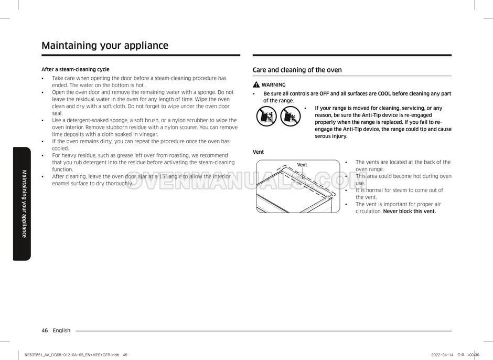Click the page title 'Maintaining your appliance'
[105, 45]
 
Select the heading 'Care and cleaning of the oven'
[297, 70]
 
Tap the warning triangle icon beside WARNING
[256, 84]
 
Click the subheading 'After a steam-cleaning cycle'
[75, 69]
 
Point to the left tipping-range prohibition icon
[267, 116]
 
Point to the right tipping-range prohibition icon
[290, 116]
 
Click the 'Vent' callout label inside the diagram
[302, 165]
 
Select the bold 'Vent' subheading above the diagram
[258, 152]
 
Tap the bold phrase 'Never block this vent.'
[409, 211]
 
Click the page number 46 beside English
[45, 331]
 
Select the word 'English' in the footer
[61, 331]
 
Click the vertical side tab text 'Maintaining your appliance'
[24, 204]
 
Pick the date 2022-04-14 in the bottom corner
[443, 355]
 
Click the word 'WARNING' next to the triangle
[273, 84]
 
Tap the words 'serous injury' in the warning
[330, 136]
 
